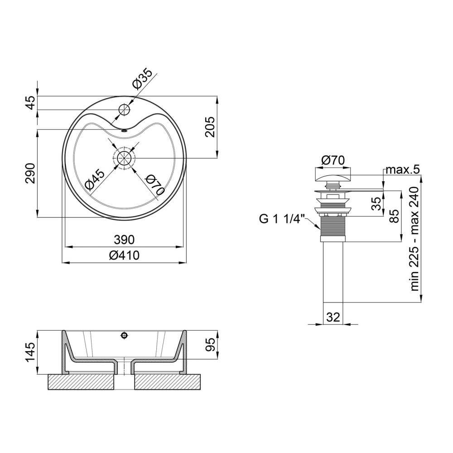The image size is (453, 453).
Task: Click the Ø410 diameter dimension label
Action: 124,255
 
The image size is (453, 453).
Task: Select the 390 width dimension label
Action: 124,240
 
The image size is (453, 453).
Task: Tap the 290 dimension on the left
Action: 30,173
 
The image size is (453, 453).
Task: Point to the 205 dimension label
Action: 210,127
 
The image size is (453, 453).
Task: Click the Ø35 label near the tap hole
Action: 142,79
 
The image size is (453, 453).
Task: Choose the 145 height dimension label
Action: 30,352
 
